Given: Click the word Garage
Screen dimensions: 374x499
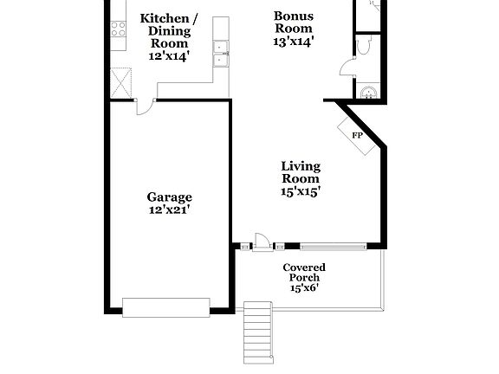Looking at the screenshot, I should tap(169, 197).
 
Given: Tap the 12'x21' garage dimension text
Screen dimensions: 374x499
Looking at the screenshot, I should tap(169, 210).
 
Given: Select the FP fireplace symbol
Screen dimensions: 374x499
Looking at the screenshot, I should tap(357, 136).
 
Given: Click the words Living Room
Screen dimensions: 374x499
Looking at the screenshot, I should tap(301, 172).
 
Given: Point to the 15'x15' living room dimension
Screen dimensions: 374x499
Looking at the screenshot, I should tap(301, 191).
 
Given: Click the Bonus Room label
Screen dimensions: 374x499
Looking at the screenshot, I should tap(294, 22).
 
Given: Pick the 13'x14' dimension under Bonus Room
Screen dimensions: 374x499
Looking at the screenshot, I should tap(294, 41).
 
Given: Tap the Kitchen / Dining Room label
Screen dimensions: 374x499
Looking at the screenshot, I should tap(169, 30).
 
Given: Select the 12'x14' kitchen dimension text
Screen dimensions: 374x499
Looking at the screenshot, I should tap(169, 55).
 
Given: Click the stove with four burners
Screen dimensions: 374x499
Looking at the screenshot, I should tap(118, 29).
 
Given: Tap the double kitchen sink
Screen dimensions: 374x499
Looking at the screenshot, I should tap(222, 54).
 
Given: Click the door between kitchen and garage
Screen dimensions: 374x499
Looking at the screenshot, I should tap(145, 105).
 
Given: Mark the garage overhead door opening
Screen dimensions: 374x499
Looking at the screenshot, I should tap(165, 306).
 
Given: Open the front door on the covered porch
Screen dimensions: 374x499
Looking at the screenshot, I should tap(260, 242).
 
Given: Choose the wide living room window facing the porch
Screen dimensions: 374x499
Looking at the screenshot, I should tap(333, 247).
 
